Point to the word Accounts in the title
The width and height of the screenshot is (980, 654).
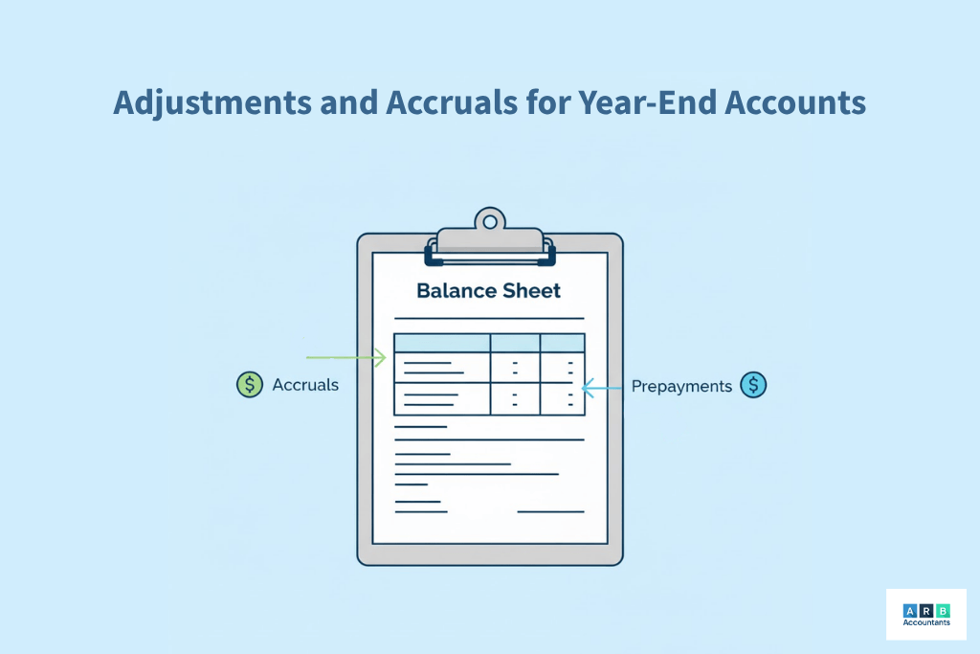click(800, 102)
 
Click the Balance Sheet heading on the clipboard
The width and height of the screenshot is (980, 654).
click(489, 290)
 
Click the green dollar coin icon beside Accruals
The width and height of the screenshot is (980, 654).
click(249, 385)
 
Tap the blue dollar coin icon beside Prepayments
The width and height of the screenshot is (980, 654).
click(753, 386)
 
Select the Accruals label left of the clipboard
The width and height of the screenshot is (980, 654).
click(305, 385)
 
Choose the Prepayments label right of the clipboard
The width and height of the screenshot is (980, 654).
click(681, 387)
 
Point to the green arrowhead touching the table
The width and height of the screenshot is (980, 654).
click(380, 358)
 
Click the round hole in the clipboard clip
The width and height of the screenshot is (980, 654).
click(490, 221)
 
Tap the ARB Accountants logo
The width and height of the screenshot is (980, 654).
click(926, 614)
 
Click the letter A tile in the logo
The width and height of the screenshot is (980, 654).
click(909, 610)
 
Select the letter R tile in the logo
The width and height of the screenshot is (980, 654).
click(926, 610)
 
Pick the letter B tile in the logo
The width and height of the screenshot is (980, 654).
click(944, 610)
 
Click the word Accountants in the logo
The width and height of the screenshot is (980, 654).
click(926, 623)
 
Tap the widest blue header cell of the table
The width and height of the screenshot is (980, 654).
click(442, 343)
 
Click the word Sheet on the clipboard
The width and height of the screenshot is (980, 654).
click(533, 290)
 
